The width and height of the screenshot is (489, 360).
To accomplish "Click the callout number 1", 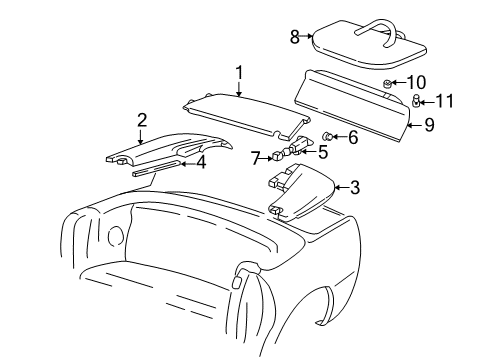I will pos(239,72).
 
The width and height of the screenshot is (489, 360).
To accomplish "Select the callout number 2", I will pos(142,120).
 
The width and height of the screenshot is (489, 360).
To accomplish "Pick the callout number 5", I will pos(322,152).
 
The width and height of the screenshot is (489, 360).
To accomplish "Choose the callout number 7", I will pos(257,157).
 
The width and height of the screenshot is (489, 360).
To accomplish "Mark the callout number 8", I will pos(295,37).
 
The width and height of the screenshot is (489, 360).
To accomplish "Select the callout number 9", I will pos(428,126).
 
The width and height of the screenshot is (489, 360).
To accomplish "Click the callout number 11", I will pos(445,100).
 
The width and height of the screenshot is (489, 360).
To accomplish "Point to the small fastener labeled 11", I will pos(415,99).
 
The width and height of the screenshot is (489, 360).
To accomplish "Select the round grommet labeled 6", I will pos(328,135).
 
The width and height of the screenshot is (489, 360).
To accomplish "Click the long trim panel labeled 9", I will pos(355,100).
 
